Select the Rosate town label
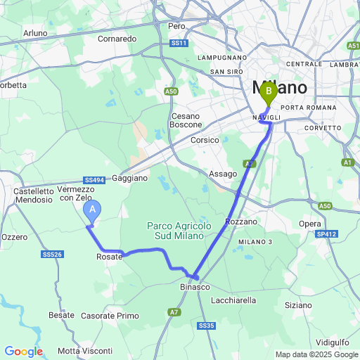coord(109,257)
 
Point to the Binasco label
coord(195,288)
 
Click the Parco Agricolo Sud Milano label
coord(179,230)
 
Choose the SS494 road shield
coord(94,180)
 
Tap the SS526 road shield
coord(53,255)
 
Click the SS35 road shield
coord(206,326)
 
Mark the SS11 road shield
coord(179,43)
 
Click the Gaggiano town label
coord(129,178)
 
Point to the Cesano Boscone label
coord(186,120)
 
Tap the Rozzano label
coord(241,221)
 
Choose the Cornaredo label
coord(117,39)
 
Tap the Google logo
coord(23,352)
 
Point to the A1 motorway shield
coord(347,162)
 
